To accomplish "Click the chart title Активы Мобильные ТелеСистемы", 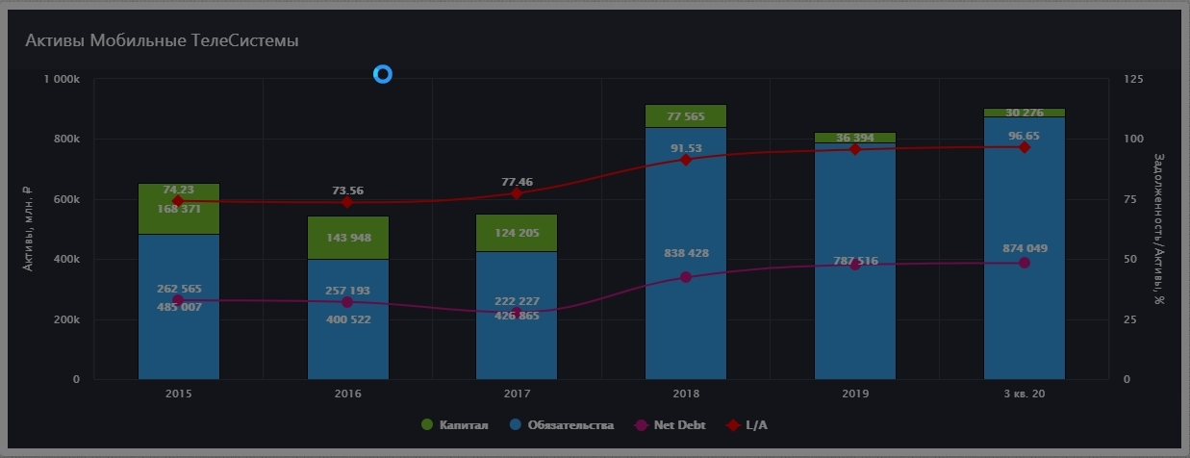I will pyautogui.click(x=161, y=40).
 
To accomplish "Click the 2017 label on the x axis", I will pyautogui.click(x=517, y=394).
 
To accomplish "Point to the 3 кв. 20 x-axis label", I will pyautogui.click(x=1024, y=394).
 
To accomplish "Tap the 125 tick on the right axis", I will pyautogui.click(x=1133, y=79).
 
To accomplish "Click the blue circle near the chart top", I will pyautogui.click(x=383, y=74).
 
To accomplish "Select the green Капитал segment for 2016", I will pyautogui.click(x=347, y=238).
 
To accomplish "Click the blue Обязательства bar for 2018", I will pyautogui.click(x=685, y=318).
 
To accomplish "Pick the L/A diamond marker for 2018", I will pyautogui.click(x=686, y=160).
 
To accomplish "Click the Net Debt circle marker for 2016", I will pyautogui.click(x=347, y=302).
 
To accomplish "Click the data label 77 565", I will pyautogui.click(x=686, y=116).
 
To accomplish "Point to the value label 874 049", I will pyautogui.click(x=1024, y=248).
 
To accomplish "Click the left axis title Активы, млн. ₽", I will pyautogui.click(x=28, y=229).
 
